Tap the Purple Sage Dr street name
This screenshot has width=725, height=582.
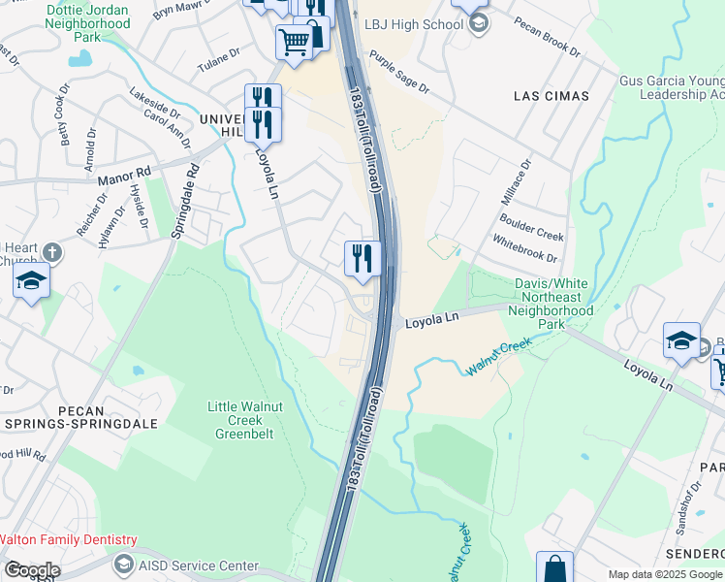pos(398,73)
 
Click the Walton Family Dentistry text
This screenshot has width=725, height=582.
pos(68,540)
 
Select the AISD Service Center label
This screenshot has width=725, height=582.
pos(199,566)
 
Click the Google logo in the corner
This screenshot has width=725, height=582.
pos(31,570)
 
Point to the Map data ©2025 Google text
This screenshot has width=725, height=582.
pos(664,574)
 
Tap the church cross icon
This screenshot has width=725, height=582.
pos(52,253)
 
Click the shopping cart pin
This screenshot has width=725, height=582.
pos(294,41)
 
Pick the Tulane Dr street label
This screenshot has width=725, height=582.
pos(219,58)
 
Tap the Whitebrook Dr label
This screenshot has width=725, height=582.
pos(524,249)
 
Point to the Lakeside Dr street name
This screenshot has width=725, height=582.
pos(155,104)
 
